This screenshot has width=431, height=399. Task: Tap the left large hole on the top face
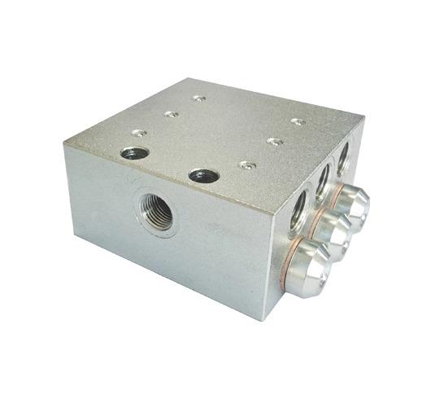tap(134, 152)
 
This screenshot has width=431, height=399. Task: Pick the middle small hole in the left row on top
tap(170, 114)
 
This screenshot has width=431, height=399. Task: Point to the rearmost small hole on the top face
tap(198, 99)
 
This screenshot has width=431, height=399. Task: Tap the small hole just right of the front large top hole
tap(245, 165)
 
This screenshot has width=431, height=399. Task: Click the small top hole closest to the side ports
tap(298, 122)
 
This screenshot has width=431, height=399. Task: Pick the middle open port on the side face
tap(323, 174)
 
